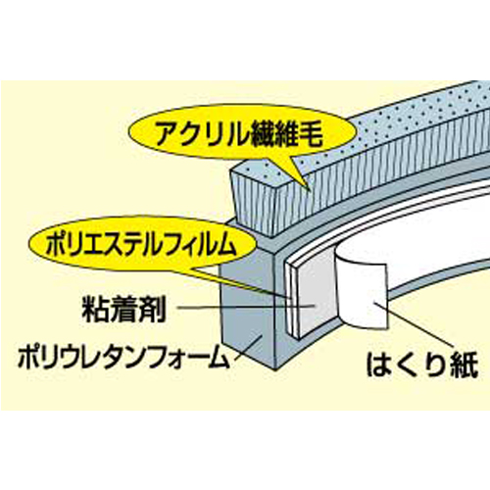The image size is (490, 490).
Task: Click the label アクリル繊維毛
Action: click(x=239, y=134)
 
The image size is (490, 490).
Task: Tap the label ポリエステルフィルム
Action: click(x=141, y=245)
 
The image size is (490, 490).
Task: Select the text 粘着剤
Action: click(x=124, y=309)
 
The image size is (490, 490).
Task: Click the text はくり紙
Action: click(x=422, y=364)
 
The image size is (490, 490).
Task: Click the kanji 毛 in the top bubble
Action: click(x=310, y=134)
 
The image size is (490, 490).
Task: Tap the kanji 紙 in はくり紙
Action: click(x=465, y=364)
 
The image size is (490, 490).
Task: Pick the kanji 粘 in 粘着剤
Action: click(x=96, y=309)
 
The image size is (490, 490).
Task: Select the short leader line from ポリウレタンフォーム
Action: click(x=248, y=347)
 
